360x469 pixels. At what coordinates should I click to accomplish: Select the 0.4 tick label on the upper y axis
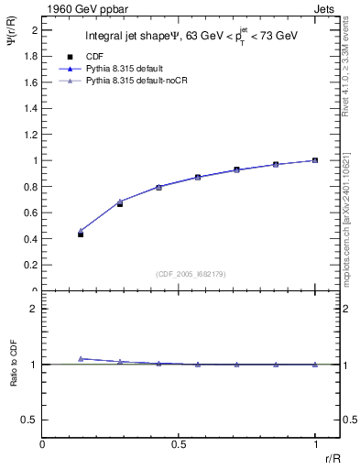[31, 239]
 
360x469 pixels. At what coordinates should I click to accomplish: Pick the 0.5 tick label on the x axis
[179, 443]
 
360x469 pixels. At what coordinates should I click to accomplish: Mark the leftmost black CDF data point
[81, 234]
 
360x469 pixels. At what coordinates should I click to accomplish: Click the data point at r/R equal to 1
[314, 160]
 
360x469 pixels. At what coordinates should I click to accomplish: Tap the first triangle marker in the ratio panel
[81, 358]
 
